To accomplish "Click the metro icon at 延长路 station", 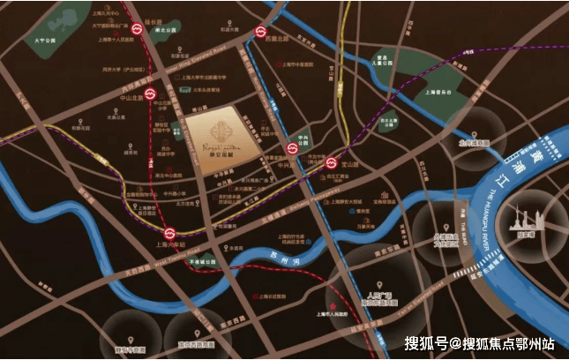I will [x=138, y=29].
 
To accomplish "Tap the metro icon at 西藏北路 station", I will [x=261, y=33].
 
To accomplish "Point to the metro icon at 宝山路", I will [x=329, y=162].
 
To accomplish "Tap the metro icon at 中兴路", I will [x=291, y=147].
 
